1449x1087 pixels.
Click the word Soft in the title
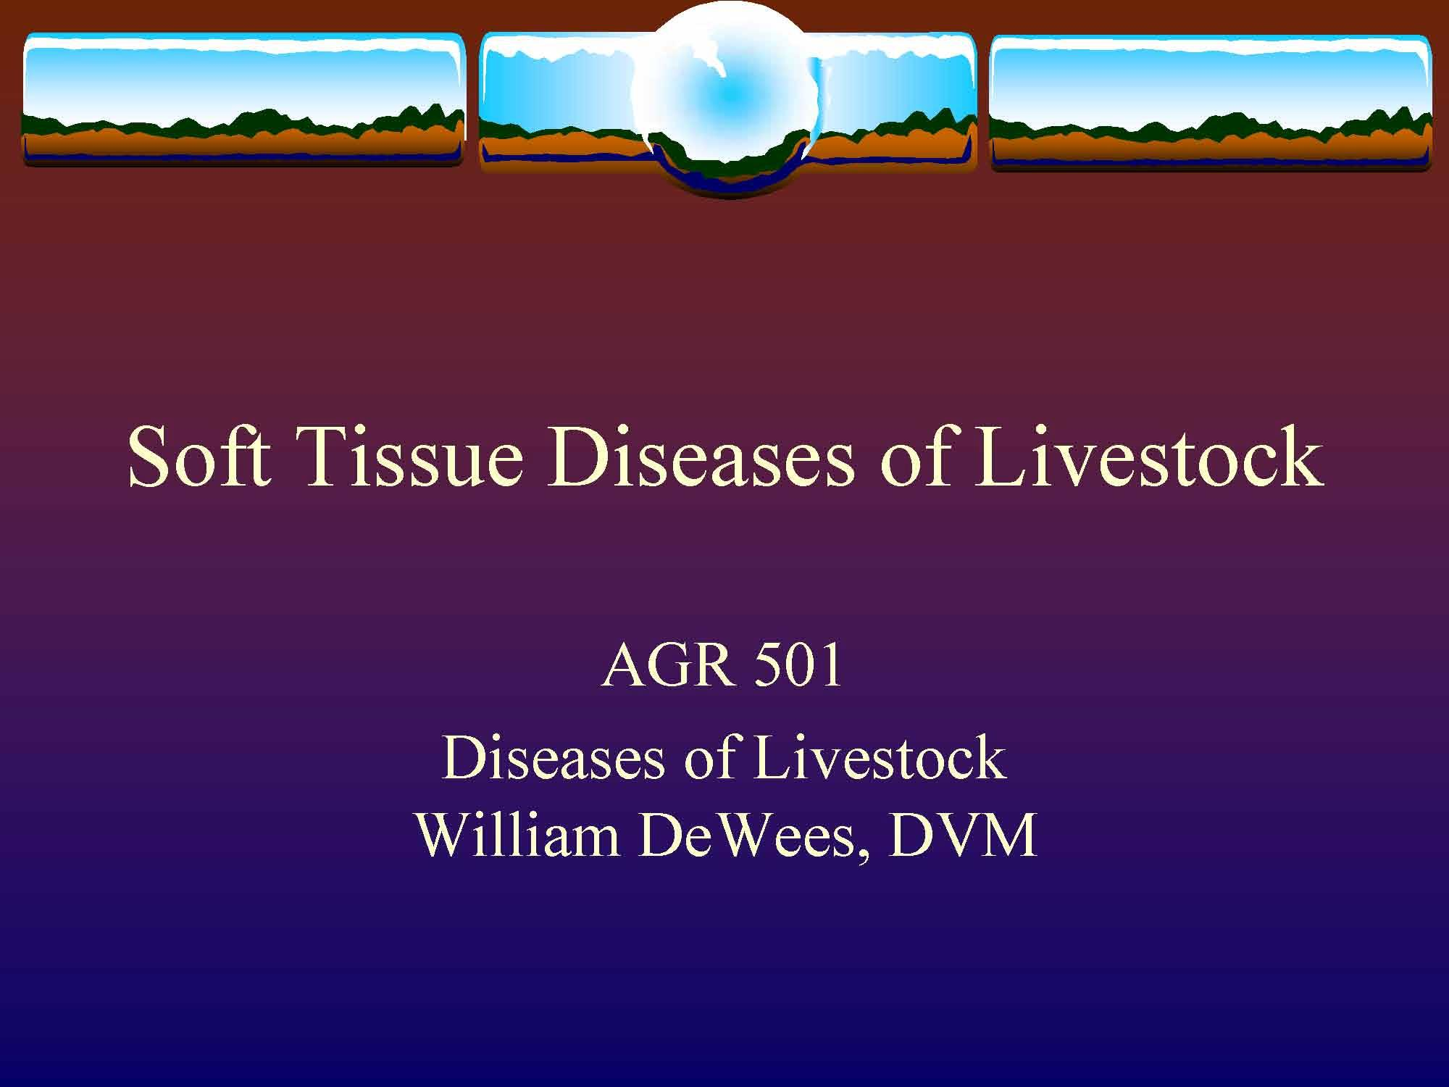pyautogui.click(x=199, y=458)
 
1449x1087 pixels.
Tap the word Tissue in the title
pyautogui.click(x=409, y=458)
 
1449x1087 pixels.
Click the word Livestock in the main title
pyautogui.click(x=1148, y=458)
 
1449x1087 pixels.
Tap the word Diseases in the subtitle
pyautogui.click(x=553, y=758)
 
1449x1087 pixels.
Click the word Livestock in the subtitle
pyautogui.click(x=880, y=758)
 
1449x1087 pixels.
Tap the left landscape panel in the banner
pyautogui.click(x=243, y=98)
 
